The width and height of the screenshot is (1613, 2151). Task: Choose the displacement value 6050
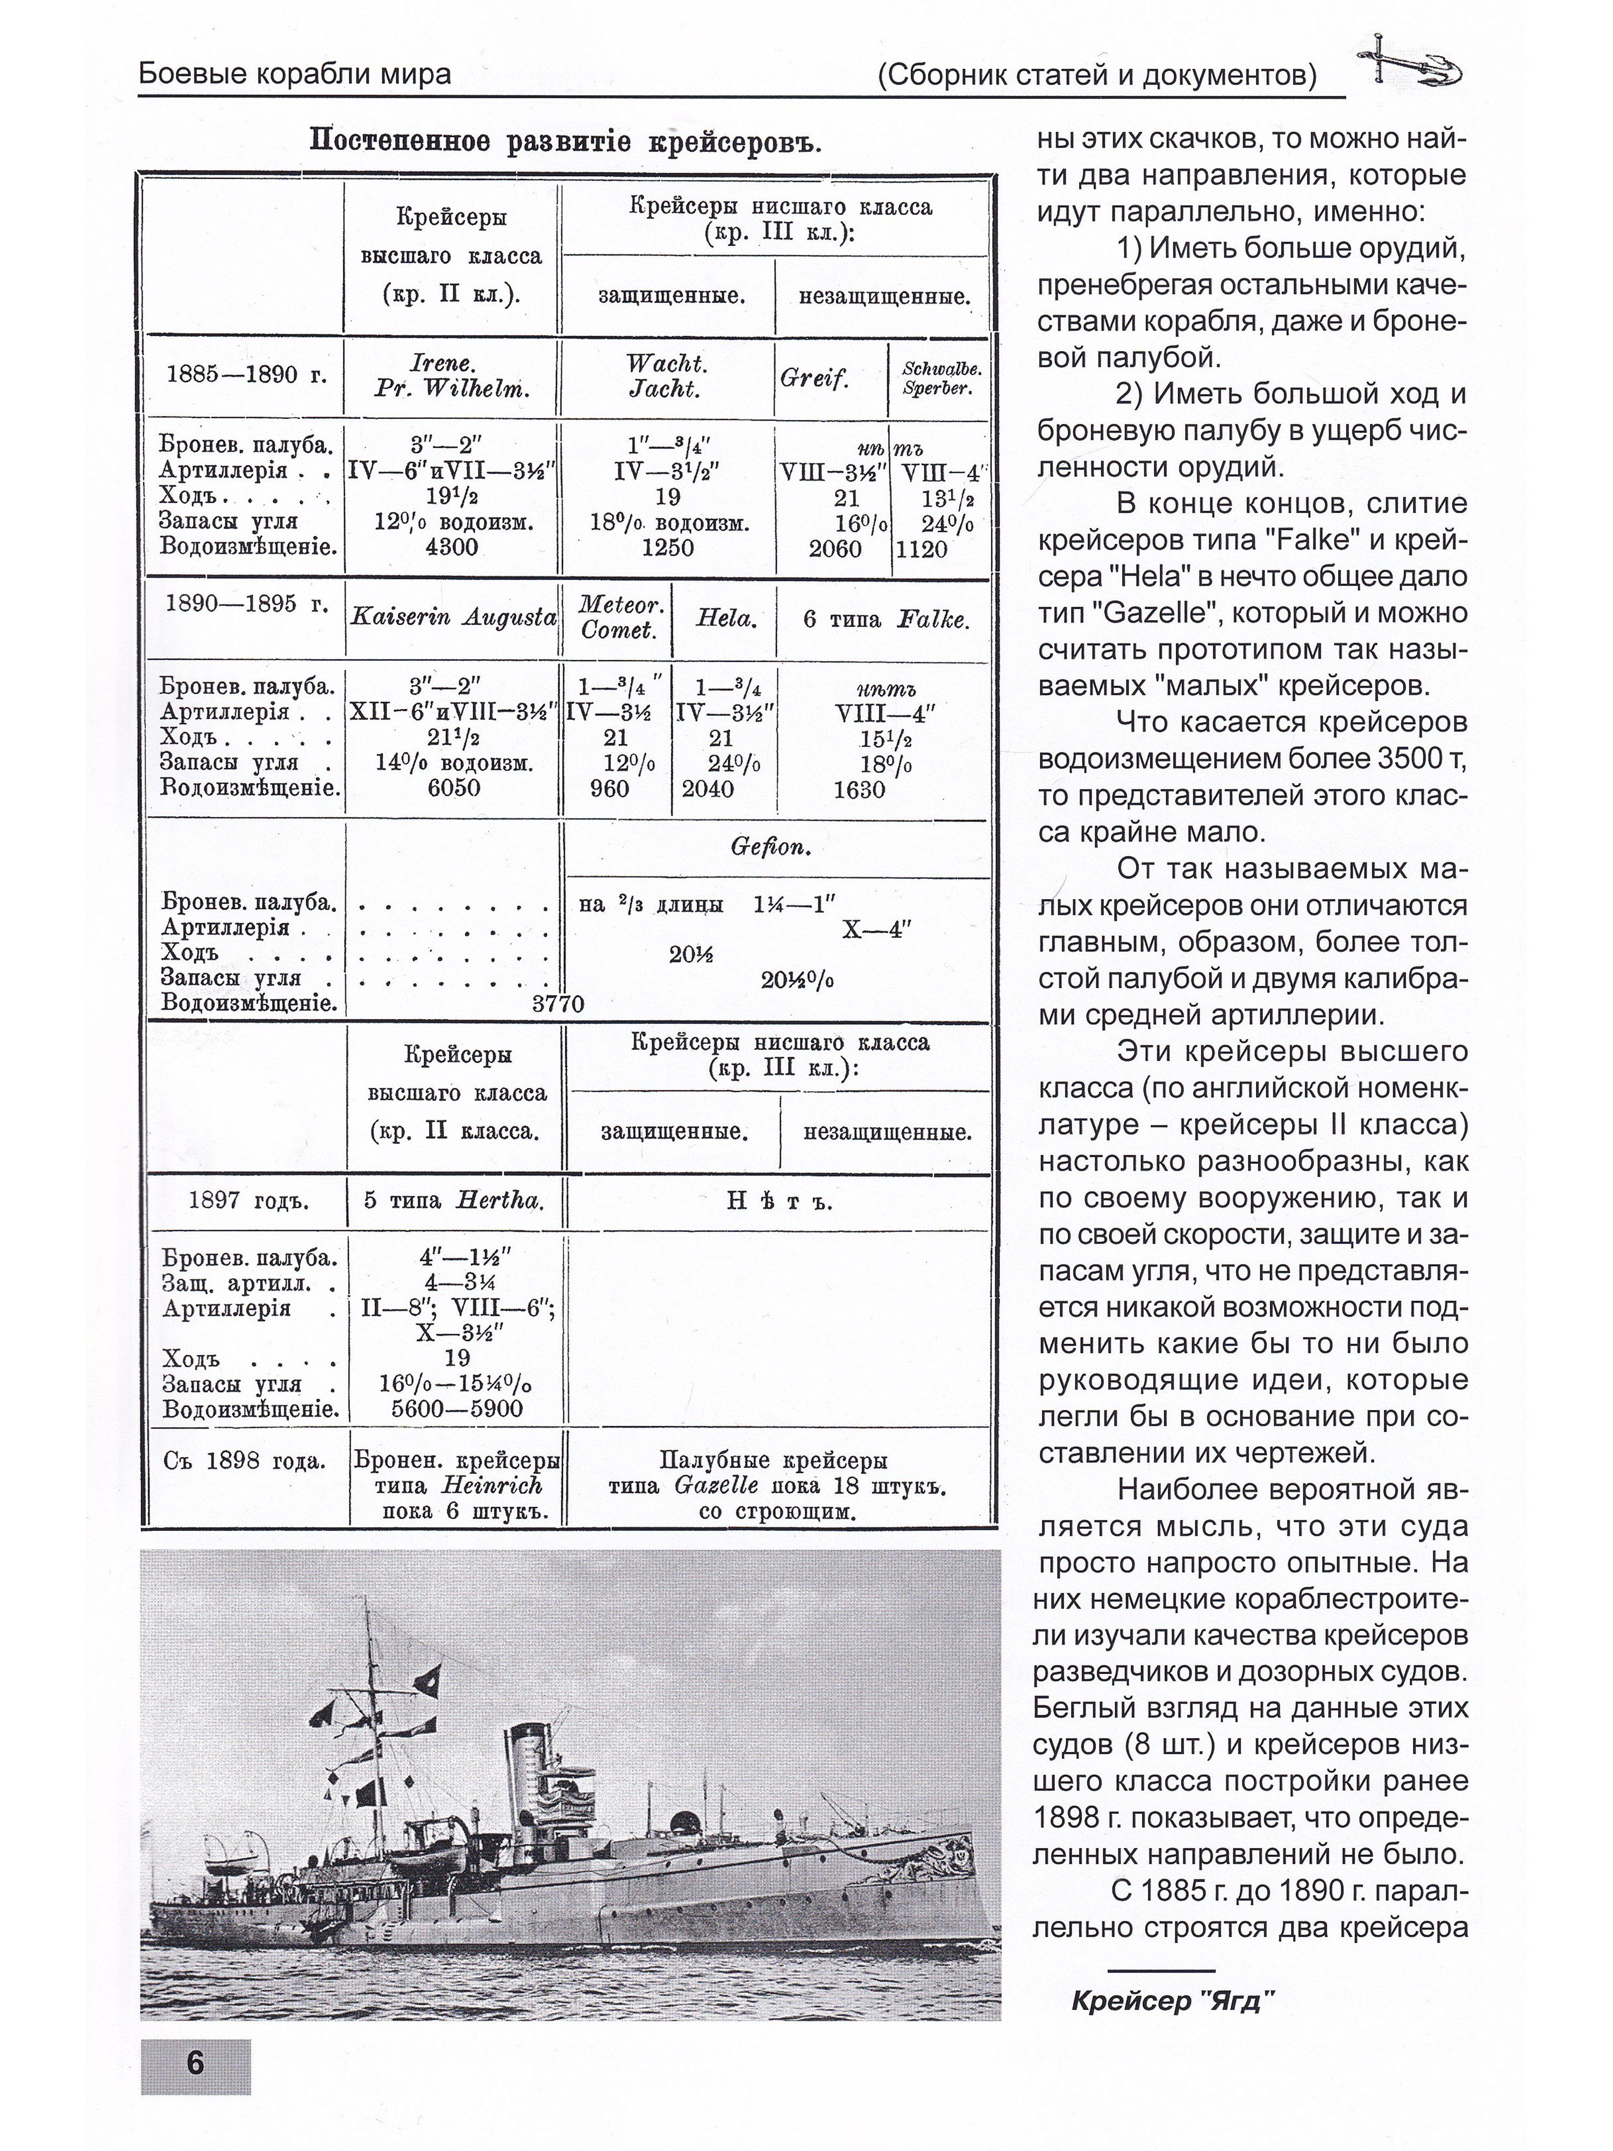(454, 788)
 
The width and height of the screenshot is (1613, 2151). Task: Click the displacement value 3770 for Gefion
(558, 1003)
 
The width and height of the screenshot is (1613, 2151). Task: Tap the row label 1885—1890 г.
(247, 375)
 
